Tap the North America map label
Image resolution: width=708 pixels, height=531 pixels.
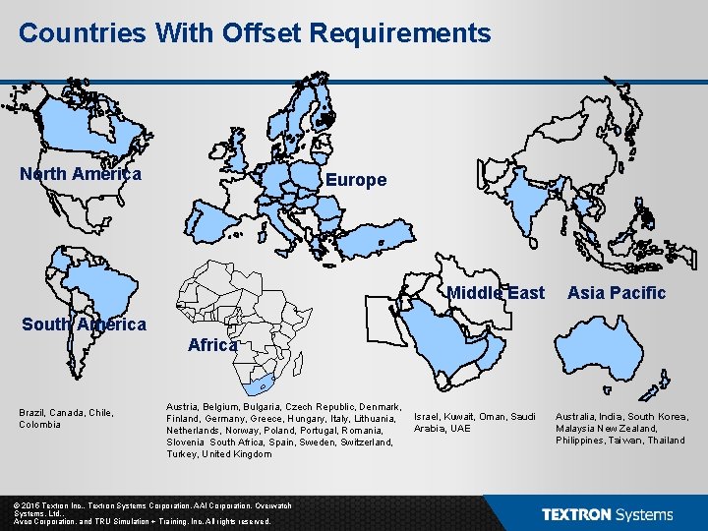[x=81, y=174]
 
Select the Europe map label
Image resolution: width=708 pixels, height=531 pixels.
[x=356, y=180]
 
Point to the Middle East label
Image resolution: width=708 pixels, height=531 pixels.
[x=496, y=292]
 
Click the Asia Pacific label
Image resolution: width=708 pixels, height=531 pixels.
[x=617, y=292]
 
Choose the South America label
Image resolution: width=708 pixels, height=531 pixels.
[x=84, y=324]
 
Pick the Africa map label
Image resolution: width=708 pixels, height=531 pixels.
[x=211, y=345]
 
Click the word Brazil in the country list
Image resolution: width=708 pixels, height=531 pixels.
[x=33, y=412]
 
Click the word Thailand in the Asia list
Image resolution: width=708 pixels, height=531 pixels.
[x=666, y=440]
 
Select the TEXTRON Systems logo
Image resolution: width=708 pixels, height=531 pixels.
[x=607, y=514]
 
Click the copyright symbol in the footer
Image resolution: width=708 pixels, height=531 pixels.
[x=17, y=502]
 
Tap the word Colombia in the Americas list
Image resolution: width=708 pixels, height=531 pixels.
[x=39, y=424]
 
